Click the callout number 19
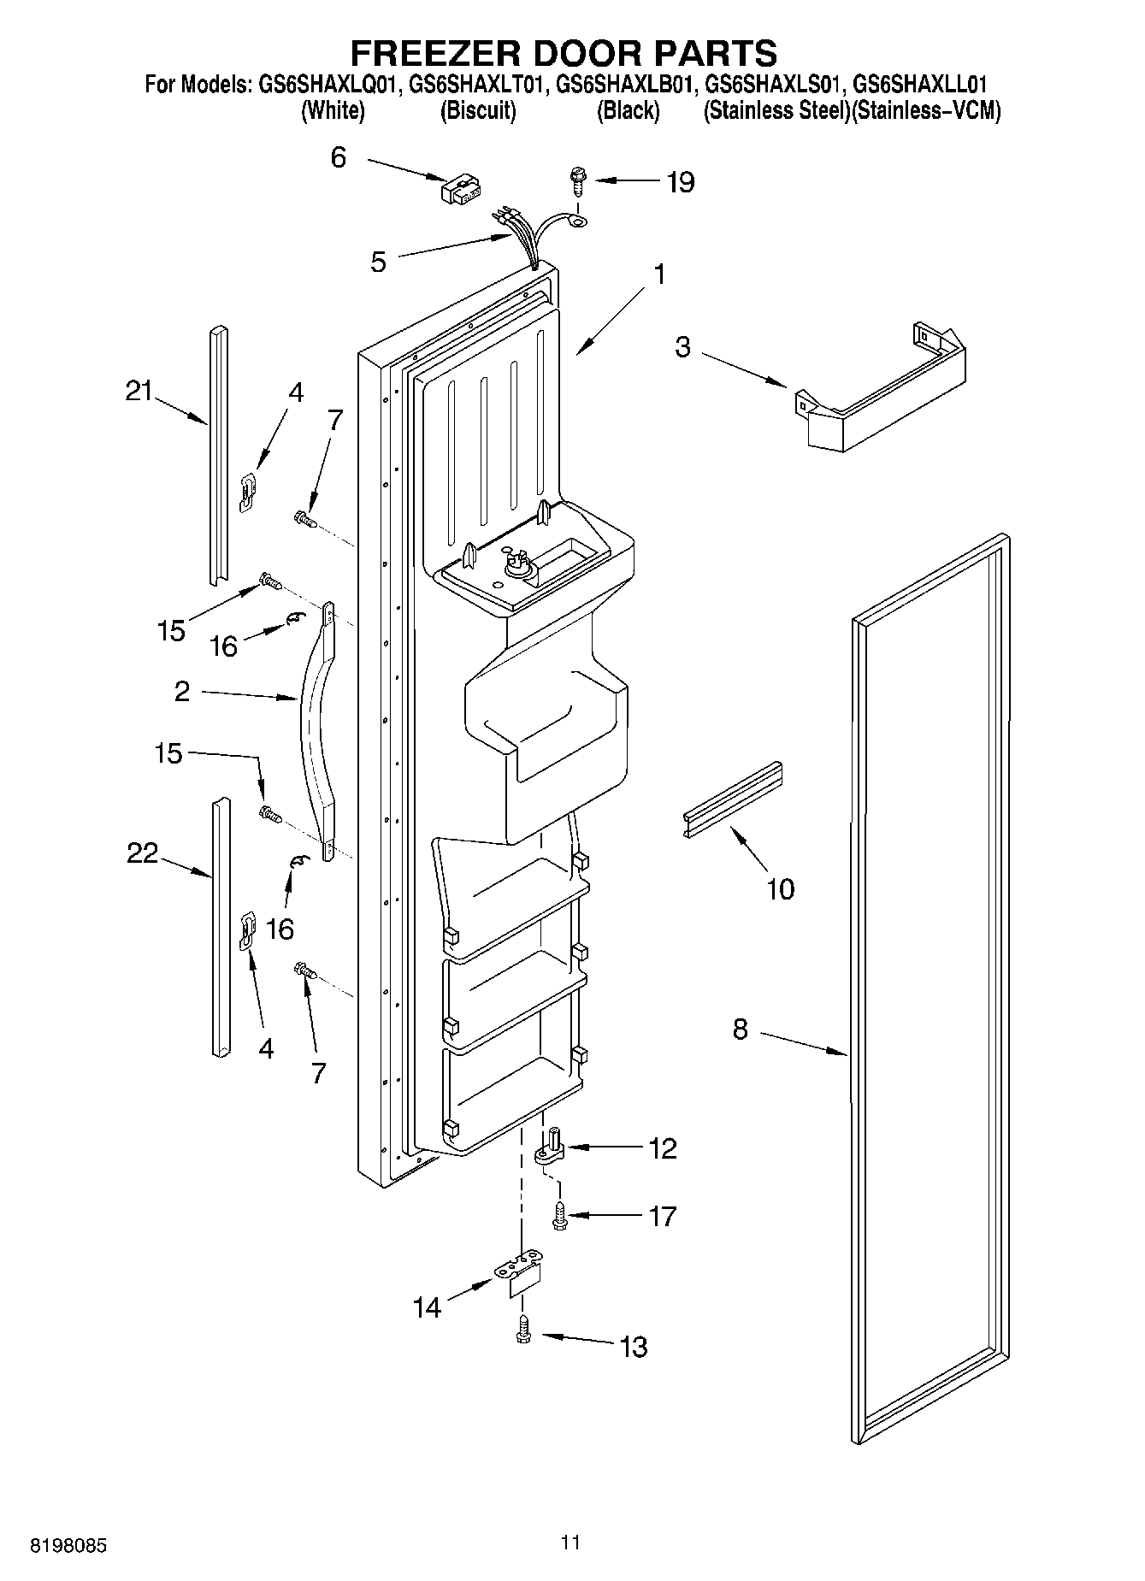coord(681,182)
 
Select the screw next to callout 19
coord(578,183)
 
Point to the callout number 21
coord(139,391)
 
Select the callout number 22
coord(143,852)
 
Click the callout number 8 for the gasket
coord(741,1029)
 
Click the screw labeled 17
coord(559,1216)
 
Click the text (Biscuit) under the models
coord(478,111)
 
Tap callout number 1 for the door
coord(658,274)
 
